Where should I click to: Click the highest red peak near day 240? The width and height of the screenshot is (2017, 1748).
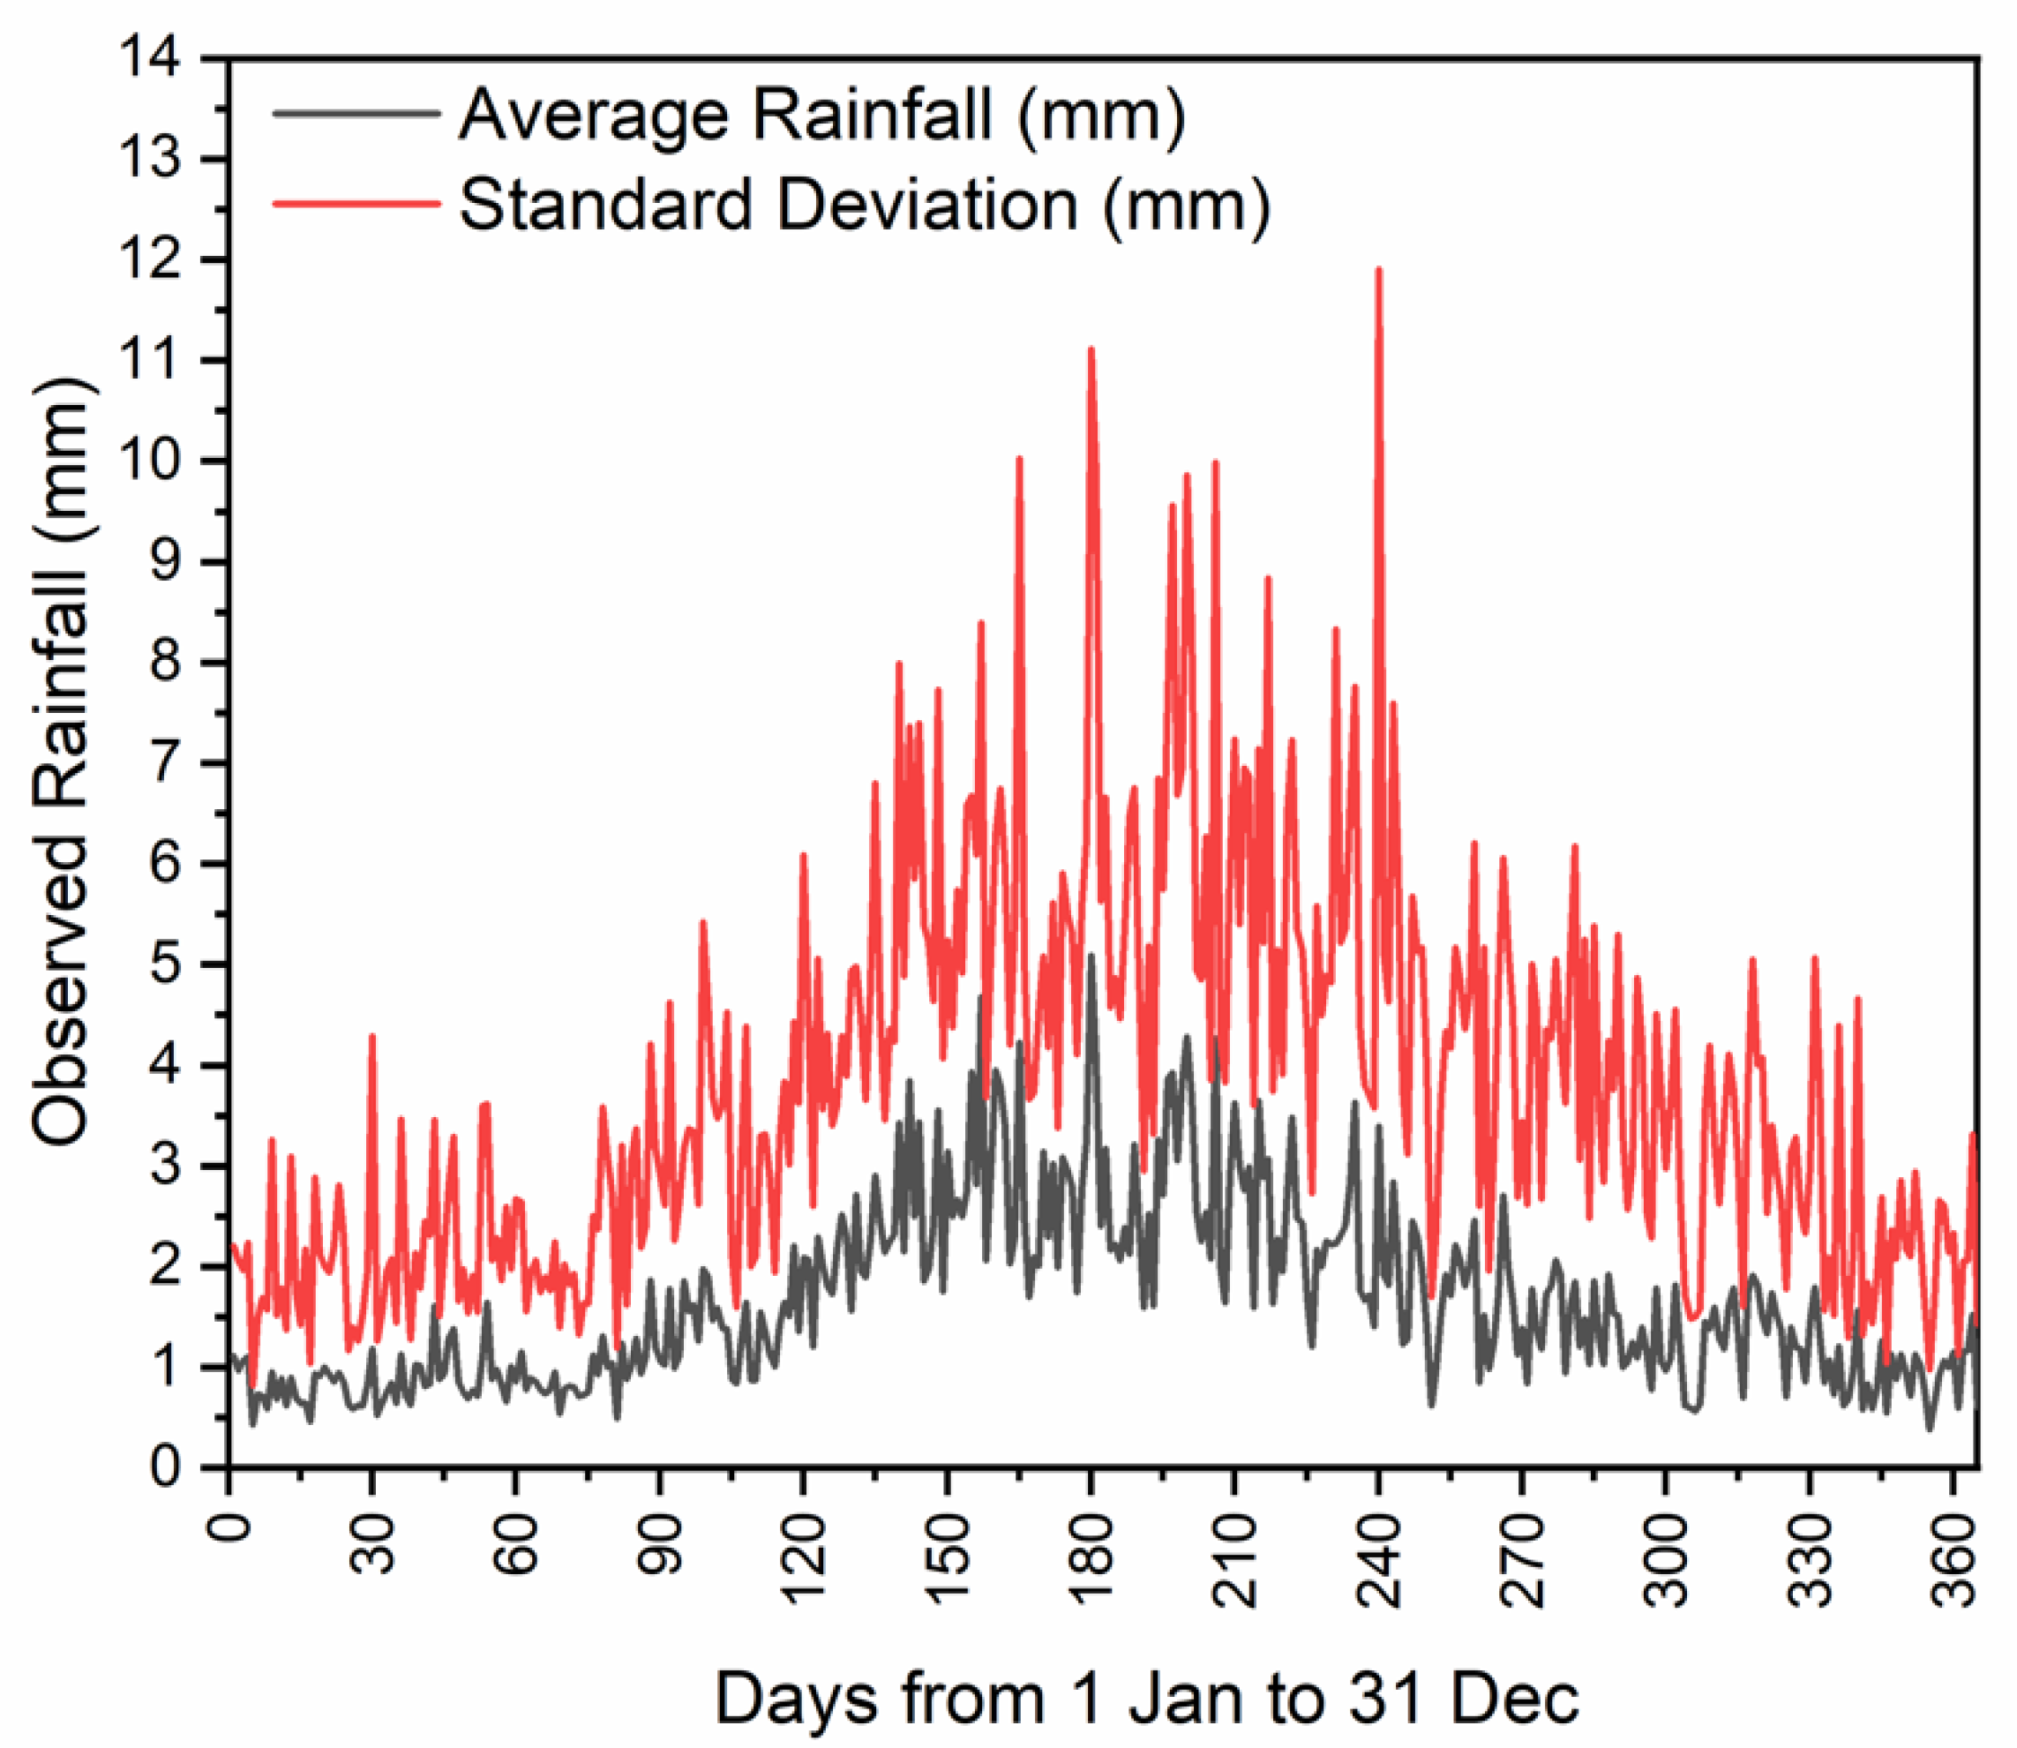click(x=1378, y=271)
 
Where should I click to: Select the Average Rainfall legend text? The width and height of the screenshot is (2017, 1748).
click(x=822, y=115)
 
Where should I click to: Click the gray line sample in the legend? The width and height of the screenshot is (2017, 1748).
click(x=356, y=113)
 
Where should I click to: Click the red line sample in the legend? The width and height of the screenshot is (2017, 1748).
click(x=356, y=203)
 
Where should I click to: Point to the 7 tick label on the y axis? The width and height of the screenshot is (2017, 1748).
click(x=163, y=762)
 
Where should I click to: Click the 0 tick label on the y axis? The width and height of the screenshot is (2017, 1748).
click(x=163, y=1467)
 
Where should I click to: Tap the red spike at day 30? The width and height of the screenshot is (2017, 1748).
click(x=371, y=1037)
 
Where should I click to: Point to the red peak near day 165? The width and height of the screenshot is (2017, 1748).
click(x=1019, y=459)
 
